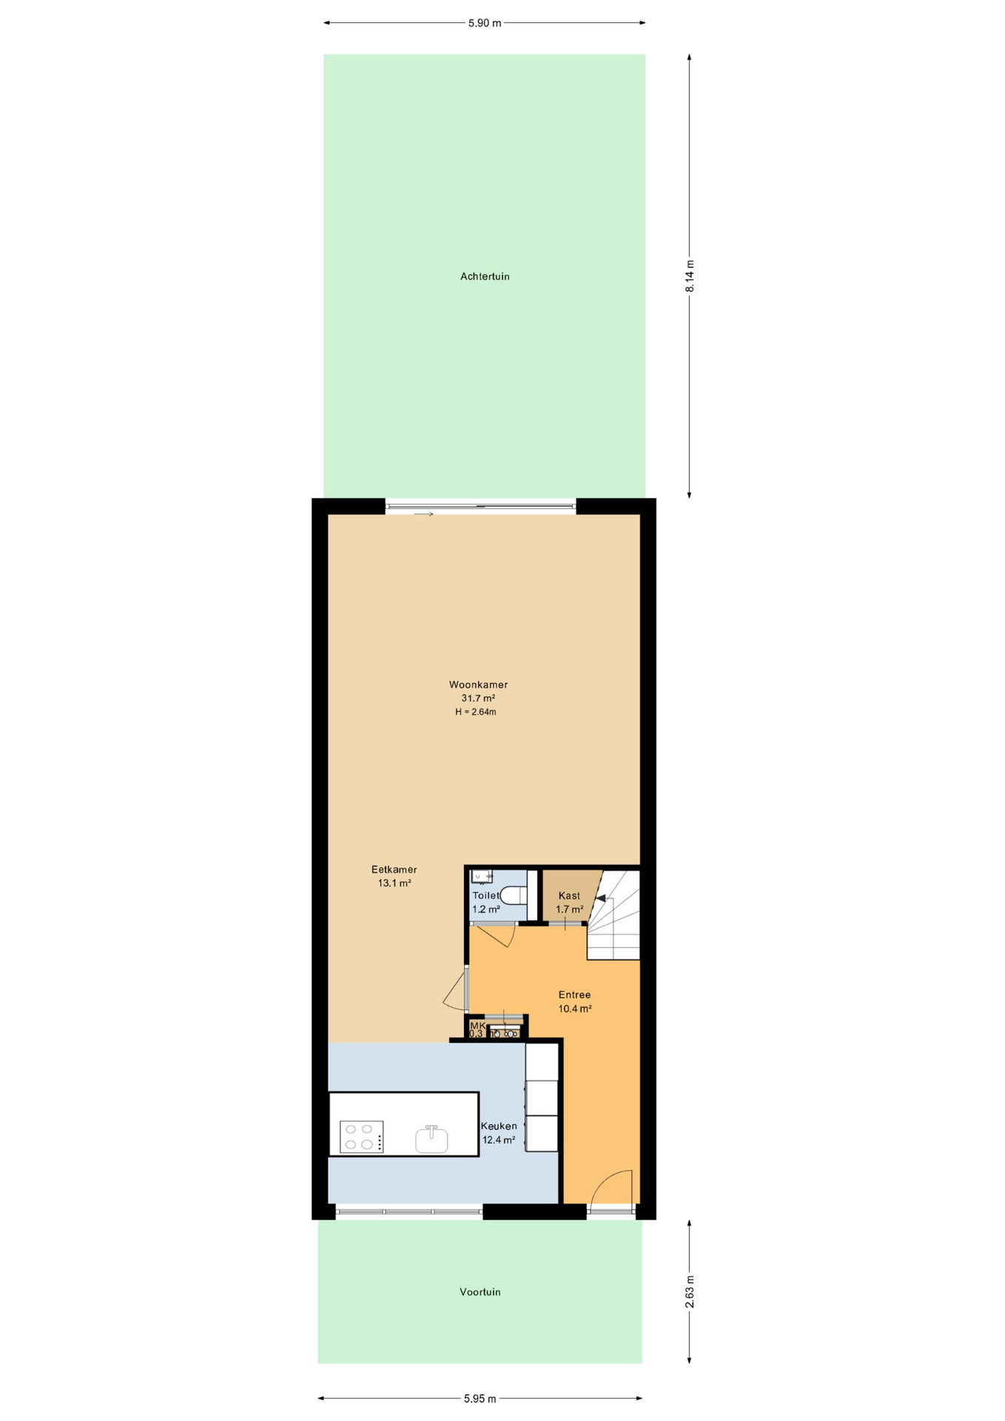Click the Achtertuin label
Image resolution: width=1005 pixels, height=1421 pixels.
485,277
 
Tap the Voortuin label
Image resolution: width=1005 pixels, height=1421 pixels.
480,1291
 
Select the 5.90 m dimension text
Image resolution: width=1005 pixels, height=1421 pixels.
485,23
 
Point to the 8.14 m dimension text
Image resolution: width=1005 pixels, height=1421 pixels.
690,276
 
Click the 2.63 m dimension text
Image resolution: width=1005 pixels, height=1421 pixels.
690,1291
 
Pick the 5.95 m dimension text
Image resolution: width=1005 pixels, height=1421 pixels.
480,1399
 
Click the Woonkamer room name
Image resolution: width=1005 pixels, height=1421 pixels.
478,685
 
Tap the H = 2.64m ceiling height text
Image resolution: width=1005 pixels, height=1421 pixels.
476,712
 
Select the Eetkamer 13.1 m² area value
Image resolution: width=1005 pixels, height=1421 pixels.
394,883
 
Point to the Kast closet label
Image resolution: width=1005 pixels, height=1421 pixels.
569,896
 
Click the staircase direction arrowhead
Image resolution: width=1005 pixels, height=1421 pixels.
601,898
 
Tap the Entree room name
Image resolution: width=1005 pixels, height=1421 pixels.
574,995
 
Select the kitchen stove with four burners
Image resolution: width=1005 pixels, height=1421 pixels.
362,1137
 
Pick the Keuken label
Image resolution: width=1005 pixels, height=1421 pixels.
499,1126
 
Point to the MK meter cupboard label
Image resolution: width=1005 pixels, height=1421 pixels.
477,1025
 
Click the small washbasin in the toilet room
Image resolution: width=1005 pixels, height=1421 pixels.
482,877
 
